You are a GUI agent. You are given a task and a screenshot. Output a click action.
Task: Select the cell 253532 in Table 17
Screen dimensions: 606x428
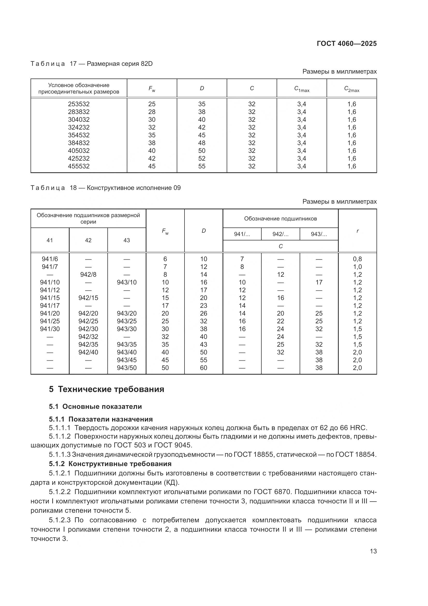point(79,104)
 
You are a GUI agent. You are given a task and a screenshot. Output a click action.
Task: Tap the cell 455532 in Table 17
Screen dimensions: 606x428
point(79,166)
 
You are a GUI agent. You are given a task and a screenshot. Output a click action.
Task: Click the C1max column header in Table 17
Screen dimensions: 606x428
point(301,89)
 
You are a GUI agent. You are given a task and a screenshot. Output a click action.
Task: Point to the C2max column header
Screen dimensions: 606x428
point(352,89)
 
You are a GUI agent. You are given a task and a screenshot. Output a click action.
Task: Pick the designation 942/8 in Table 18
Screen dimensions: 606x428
point(88,274)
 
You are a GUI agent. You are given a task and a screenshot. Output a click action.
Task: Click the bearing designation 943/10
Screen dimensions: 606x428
point(127,282)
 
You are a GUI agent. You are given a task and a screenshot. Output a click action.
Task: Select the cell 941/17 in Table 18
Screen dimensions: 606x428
point(50,306)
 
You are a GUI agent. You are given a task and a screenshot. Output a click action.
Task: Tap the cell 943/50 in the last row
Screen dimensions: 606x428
point(127,368)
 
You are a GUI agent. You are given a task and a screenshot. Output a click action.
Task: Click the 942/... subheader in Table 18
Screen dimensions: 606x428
point(281,234)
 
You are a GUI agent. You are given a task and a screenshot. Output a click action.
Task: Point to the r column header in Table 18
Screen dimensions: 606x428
point(357,231)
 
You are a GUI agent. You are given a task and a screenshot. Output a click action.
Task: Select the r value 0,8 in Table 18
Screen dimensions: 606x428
point(357,259)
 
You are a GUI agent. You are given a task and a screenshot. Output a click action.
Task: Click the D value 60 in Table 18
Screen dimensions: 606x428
point(203,368)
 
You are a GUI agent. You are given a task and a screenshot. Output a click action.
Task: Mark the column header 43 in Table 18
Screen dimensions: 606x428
point(127,240)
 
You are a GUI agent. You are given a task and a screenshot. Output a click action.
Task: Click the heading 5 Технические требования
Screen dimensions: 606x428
point(106,389)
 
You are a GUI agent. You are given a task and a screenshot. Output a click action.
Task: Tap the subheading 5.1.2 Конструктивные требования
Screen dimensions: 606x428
point(110,464)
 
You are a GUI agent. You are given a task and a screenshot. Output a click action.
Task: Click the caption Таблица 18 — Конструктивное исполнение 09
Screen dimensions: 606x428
point(105,188)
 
